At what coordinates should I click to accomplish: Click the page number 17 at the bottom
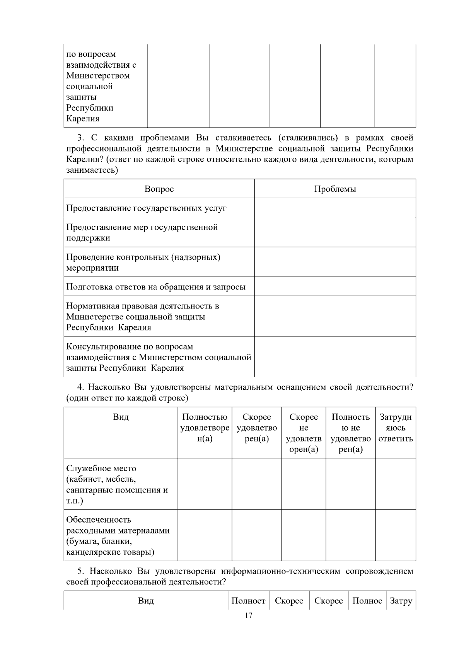point(249,615)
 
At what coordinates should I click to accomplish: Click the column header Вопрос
point(159,189)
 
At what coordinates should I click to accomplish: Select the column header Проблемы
point(335,189)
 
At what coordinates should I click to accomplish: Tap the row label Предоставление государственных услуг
point(146,208)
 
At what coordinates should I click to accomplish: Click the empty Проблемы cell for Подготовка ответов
point(335,286)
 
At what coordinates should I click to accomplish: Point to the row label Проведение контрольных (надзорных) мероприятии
point(143,262)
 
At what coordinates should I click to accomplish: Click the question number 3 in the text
point(80,138)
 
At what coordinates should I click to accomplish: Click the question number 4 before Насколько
point(80,387)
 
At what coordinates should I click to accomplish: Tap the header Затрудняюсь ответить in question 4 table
point(395,428)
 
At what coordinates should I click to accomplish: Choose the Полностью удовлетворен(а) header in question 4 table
point(205,428)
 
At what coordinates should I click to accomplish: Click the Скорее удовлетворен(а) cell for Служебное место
point(257,484)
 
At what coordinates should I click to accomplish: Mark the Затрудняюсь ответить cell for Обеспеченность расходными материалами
point(395,535)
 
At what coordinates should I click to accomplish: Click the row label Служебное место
point(101,469)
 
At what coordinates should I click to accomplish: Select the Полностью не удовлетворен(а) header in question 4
point(350,433)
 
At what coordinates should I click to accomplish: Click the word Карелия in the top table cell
point(83,119)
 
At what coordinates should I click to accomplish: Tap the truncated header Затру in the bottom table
point(401,601)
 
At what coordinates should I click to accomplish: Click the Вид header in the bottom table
point(146,601)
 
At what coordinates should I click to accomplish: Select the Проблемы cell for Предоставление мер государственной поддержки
point(335,232)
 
